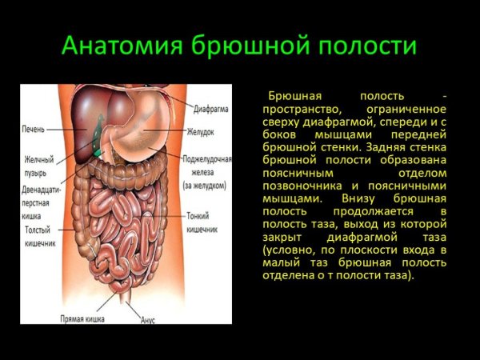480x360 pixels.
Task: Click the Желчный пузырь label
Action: tap(34, 166)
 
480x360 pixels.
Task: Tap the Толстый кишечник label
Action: tap(38, 235)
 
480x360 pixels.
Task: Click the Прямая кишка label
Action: tap(82, 318)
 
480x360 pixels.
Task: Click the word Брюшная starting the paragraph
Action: tap(290, 95)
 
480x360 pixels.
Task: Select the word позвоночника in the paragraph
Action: tap(301, 185)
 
